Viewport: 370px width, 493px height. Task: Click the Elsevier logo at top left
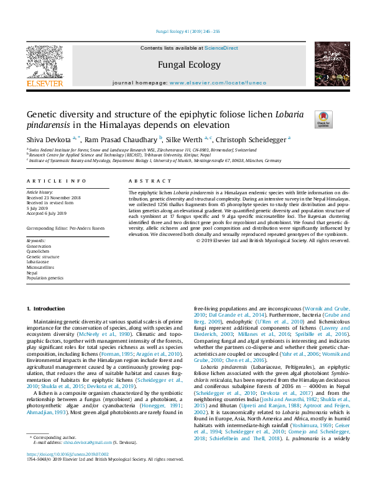(x=44, y=64)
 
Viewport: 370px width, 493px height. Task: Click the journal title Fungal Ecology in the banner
(x=189, y=64)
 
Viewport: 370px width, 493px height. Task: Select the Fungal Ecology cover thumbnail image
(x=331, y=64)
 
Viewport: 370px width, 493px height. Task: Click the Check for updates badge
(x=323, y=119)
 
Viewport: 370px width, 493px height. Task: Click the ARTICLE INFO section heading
(x=57, y=181)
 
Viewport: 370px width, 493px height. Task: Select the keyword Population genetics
(x=45, y=278)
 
